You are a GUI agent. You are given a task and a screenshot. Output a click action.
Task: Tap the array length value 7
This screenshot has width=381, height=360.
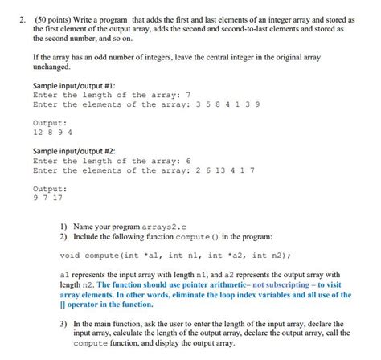[x=187, y=95]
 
